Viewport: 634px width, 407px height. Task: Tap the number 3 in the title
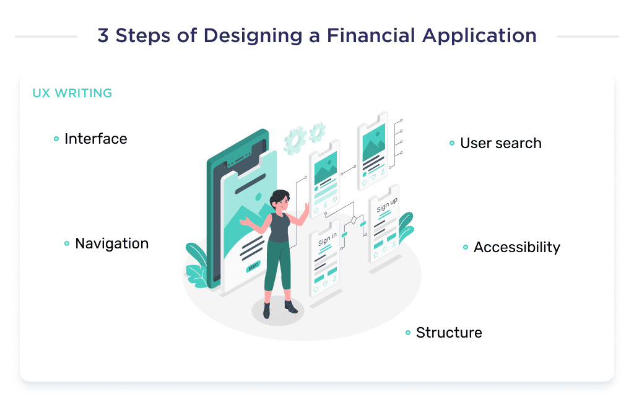(x=103, y=36)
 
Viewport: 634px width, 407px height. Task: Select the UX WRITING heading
(x=72, y=94)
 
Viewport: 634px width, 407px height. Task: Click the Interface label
(x=95, y=139)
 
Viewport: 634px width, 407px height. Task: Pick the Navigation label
(x=111, y=243)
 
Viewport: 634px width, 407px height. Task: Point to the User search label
(x=500, y=143)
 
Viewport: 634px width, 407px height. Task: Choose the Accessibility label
(x=516, y=247)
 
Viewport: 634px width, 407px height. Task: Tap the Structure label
(x=448, y=333)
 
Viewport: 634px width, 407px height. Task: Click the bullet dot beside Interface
(x=56, y=139)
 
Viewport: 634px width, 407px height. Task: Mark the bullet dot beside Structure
(x=408, y=333)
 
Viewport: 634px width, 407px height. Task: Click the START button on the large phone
(x=253, y=268)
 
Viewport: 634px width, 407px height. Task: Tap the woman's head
(x=280, y=200)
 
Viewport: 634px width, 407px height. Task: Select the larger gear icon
(x=295, y=139)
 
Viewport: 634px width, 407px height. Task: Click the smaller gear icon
(x=318, y=131)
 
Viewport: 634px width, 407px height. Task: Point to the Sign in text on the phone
(x=327, y=239)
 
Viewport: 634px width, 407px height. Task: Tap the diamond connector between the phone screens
(x=354, y=221)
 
